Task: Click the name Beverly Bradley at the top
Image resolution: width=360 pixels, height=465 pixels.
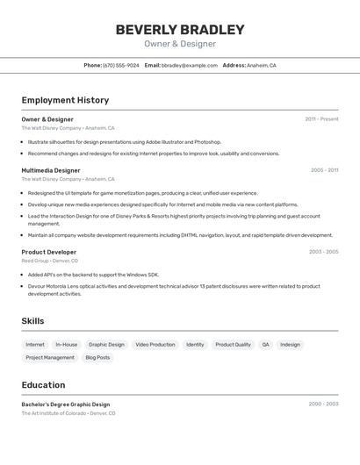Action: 180,30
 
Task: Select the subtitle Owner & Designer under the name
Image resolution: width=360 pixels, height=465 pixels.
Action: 180,44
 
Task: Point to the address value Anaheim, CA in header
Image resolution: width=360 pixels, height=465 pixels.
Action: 262,65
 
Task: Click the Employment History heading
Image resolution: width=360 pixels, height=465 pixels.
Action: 65,100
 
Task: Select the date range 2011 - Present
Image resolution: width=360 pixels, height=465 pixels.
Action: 321,118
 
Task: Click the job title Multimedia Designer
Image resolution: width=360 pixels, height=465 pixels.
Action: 51,170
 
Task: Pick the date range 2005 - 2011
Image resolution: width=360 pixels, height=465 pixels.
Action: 324,170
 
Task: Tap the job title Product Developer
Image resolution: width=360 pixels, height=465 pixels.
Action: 49,252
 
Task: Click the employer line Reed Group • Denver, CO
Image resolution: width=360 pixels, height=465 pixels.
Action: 50,261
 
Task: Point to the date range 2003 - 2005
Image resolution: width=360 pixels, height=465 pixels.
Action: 323,252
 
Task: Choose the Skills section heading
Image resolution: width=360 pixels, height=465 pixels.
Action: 32,321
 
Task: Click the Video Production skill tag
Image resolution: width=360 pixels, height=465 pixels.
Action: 155,345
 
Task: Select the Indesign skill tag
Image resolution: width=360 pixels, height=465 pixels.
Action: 290,345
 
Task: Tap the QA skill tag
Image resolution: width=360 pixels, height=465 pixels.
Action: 265,345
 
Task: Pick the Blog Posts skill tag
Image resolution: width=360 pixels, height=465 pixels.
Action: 97,358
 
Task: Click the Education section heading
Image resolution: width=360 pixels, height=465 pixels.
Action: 43,385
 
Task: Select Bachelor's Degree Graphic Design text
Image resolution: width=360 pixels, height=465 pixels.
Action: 66,404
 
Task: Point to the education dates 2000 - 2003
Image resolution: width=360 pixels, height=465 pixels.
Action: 323,404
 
